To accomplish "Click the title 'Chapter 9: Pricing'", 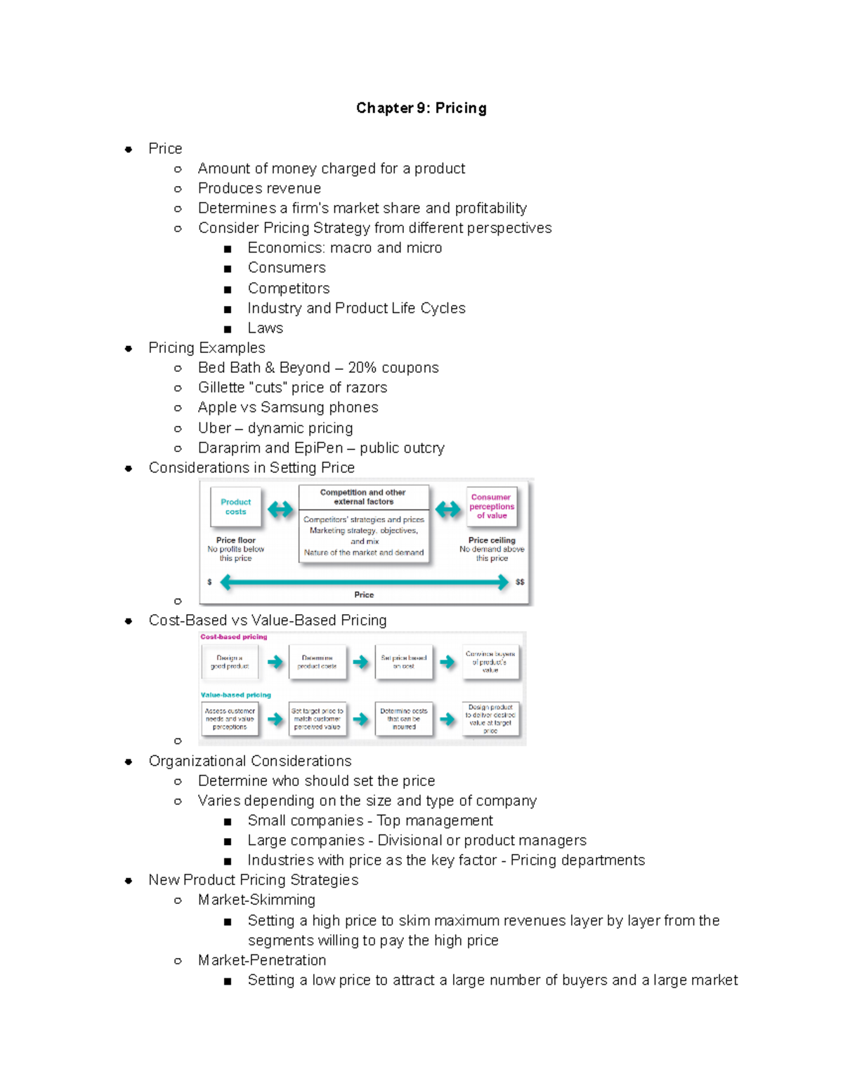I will click(421, 108).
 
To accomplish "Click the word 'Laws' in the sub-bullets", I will click(265, 328).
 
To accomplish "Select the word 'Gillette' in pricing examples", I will click(221, 387).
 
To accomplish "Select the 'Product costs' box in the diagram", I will click(235, 507).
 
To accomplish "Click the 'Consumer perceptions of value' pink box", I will click(492, 506).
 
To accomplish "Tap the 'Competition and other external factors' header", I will click(363, 497).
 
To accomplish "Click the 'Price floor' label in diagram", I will click(235, 540).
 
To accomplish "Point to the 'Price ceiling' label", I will click(492, 540).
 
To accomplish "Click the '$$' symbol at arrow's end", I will click(520, 582).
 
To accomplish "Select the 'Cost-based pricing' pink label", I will click(233, 637).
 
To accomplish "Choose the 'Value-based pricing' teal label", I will click(235, 695).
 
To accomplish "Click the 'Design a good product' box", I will click(230, 662).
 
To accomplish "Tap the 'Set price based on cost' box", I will click(403, 662).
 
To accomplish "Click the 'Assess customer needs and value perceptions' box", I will click(230, 719).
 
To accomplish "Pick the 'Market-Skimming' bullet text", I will click(256, 900).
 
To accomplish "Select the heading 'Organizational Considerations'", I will click(249, 761).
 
